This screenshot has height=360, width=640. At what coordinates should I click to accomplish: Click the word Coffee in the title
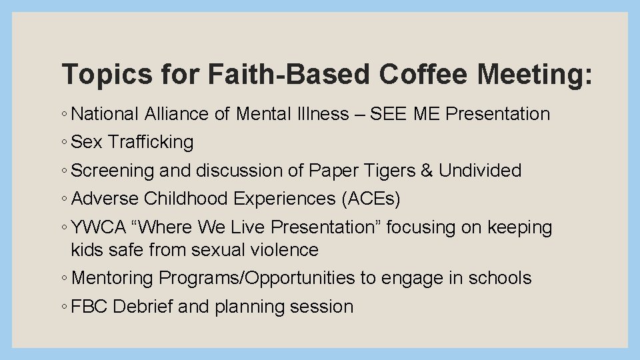425,75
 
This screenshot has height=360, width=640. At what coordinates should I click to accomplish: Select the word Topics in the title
106,75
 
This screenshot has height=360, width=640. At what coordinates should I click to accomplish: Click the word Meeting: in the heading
534,75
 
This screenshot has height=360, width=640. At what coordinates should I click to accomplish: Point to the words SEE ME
405,114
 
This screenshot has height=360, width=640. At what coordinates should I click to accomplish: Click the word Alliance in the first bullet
176,114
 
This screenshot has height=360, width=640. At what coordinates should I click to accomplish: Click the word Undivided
479,171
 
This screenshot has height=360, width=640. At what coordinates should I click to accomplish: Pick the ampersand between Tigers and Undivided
427,171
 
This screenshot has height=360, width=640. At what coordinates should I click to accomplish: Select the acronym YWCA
98,227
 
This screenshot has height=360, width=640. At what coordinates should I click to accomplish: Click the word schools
499,278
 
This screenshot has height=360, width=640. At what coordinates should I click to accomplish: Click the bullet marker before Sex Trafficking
63,143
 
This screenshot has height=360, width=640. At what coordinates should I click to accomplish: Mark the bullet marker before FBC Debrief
63,307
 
